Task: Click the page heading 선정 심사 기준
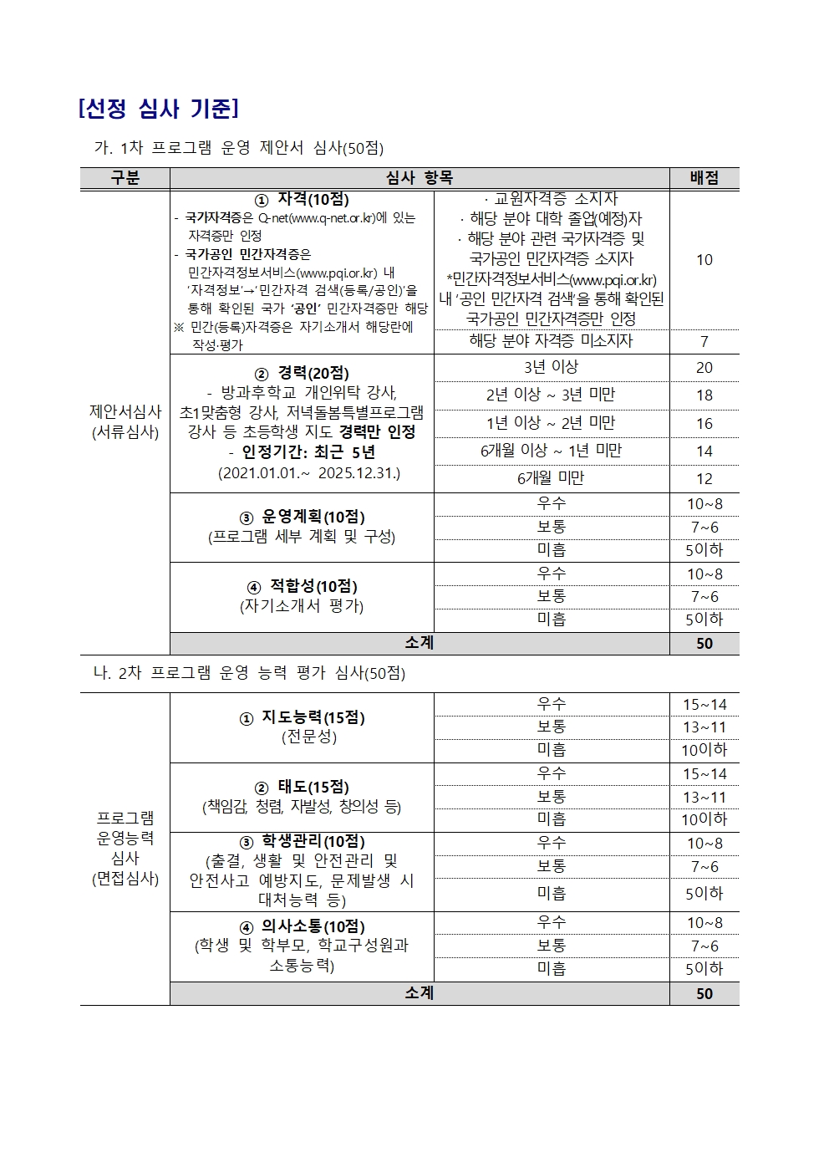tap(159, 109)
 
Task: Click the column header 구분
tap(125, 178)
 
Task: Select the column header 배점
tap(704, 178)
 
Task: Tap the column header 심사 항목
tap(419, 178)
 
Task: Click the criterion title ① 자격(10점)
tap(302, 200)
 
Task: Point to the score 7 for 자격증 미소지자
tap(704, 341)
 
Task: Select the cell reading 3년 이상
tap(551, 367)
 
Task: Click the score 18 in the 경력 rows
tap(704, 395)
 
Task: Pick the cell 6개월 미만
tap(551, 478)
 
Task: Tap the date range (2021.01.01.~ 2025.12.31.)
tap(309, 473)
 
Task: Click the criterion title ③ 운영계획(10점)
tap(302, 517)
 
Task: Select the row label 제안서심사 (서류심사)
tap(125, 421)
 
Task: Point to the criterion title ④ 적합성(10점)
tap(302, 586)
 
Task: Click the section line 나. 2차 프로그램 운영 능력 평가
tap(249, 673)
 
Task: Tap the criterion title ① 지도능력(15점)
tap(302, 717)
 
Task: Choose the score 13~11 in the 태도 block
tap(704, 798)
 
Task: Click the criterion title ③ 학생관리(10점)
tap(302, 841)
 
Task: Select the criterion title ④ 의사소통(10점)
tap(302, 926)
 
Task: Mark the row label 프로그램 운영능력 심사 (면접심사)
tap(125, 848)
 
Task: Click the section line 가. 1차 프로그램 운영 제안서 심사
tap(239, 148)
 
